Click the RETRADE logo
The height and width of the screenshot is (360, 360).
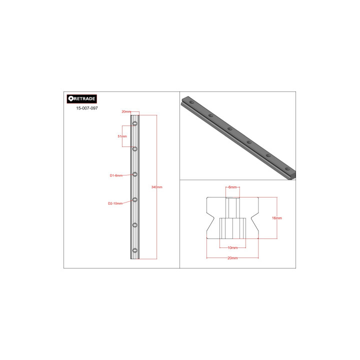[x=81, y=99]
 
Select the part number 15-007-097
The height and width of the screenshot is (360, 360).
[x=86, y=108]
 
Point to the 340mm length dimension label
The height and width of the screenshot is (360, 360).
[x=157, y=187]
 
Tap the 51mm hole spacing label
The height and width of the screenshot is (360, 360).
[x=122, y=136]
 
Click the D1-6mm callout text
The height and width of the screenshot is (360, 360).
[x=116, y=175]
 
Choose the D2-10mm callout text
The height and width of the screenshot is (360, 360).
[x=115, y=203]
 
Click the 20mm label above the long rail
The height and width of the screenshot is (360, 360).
[x=126, y=111]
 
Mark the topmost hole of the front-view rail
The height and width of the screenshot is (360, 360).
[x=135, y=123]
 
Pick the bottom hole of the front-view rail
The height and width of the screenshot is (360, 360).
[x=135, y=250]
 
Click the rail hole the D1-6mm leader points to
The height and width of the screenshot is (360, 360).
[x=135, y=174]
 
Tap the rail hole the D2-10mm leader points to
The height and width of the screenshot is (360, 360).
[x=135, y=199]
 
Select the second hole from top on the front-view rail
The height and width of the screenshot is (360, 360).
[x=135, y=148]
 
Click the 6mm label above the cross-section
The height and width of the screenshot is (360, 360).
[x=232, y=186]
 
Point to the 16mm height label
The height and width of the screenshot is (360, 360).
[x=276, y=218]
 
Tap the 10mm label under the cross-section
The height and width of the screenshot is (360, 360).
[x=232, y=247]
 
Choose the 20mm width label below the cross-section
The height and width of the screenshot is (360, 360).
[x=232, y=258]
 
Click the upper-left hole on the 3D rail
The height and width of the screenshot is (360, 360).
[x=192, y=102]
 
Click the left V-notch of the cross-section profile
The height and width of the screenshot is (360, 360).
[x=212, y=218]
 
